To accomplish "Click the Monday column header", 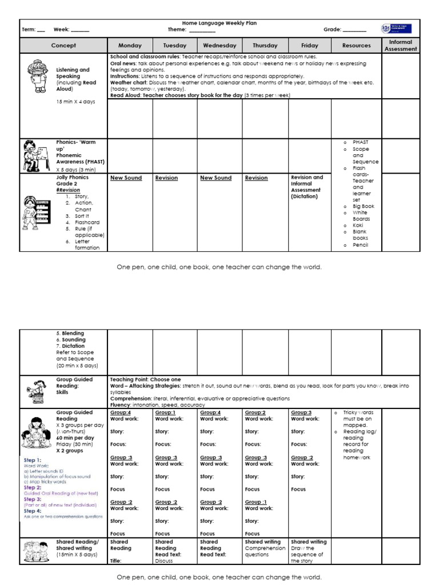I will [130, 46].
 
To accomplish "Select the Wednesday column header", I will [219, 46].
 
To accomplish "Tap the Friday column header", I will [310, 46].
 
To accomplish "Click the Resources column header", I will [356, 46].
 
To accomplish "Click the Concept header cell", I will [63, 46].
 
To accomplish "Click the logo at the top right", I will [396, 28].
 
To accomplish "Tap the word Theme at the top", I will [177, 29].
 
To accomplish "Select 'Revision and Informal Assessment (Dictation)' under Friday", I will [307, 187].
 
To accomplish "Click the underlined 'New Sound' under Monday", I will [126, 178].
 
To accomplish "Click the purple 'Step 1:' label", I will [32, 460].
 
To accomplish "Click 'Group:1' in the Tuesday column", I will [165, 412].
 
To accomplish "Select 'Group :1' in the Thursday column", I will [256, 502].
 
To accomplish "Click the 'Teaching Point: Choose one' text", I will [145, 379].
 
